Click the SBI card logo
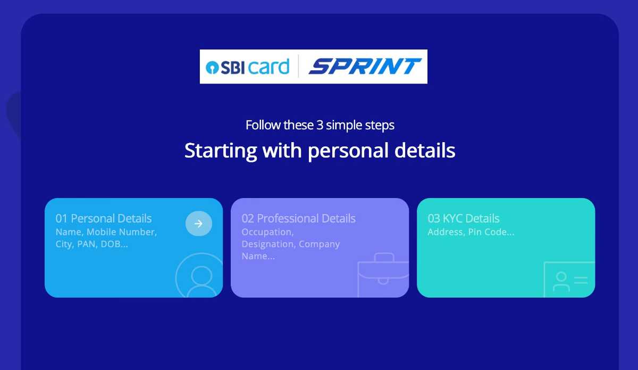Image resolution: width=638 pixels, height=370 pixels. [248, 67]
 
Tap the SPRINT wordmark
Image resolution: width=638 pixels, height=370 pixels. [365, 67]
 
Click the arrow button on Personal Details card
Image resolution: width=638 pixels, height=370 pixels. [199, 224]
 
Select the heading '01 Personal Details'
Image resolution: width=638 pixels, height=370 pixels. [104, 218]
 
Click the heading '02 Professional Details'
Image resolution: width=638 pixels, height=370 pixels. [298, 218]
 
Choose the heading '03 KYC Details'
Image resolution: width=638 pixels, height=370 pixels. [464, 218]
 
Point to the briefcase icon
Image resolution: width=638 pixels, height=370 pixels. [383, 274]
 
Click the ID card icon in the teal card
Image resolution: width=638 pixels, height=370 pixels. [569, 279]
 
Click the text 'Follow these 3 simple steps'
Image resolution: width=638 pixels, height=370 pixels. [320, 125]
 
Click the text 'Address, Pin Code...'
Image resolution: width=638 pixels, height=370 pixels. [471, 232]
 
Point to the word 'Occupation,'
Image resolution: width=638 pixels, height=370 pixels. [267, 232]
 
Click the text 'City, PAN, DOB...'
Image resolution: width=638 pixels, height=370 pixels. [92, 244]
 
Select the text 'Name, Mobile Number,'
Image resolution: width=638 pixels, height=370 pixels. [106, 232]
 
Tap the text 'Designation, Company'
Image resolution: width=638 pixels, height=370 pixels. [290, 244]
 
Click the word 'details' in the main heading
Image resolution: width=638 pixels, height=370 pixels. [425, 151]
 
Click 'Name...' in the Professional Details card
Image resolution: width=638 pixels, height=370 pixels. [258, 256]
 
